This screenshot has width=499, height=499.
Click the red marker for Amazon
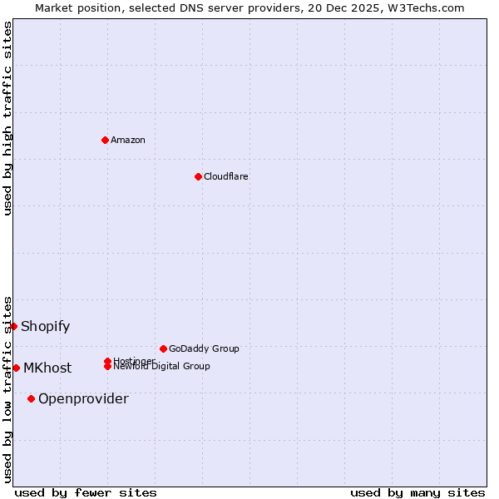[105, 140]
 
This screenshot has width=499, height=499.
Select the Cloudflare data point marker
[198, 176]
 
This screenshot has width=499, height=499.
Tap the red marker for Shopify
[14, 326]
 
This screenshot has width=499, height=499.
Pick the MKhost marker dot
[17, 368]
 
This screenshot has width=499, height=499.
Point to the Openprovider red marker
[32, 398]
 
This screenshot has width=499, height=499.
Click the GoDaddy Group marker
[163, 348]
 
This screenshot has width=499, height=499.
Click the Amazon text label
[128, 140]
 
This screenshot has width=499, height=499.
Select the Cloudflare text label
[226, 176]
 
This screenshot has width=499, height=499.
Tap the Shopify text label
[46, 326]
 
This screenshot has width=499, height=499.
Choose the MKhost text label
[47, 368]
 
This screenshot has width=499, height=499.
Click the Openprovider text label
[83, 398]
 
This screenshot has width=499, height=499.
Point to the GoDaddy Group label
[204, 348]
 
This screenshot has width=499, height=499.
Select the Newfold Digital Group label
[162, 367]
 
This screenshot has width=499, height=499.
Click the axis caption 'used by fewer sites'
[86, 492]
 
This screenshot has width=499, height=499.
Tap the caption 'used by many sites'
[417, 492]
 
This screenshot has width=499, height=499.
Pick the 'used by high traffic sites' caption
[7, 118]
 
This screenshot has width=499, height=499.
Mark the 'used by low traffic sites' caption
[7, 389]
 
